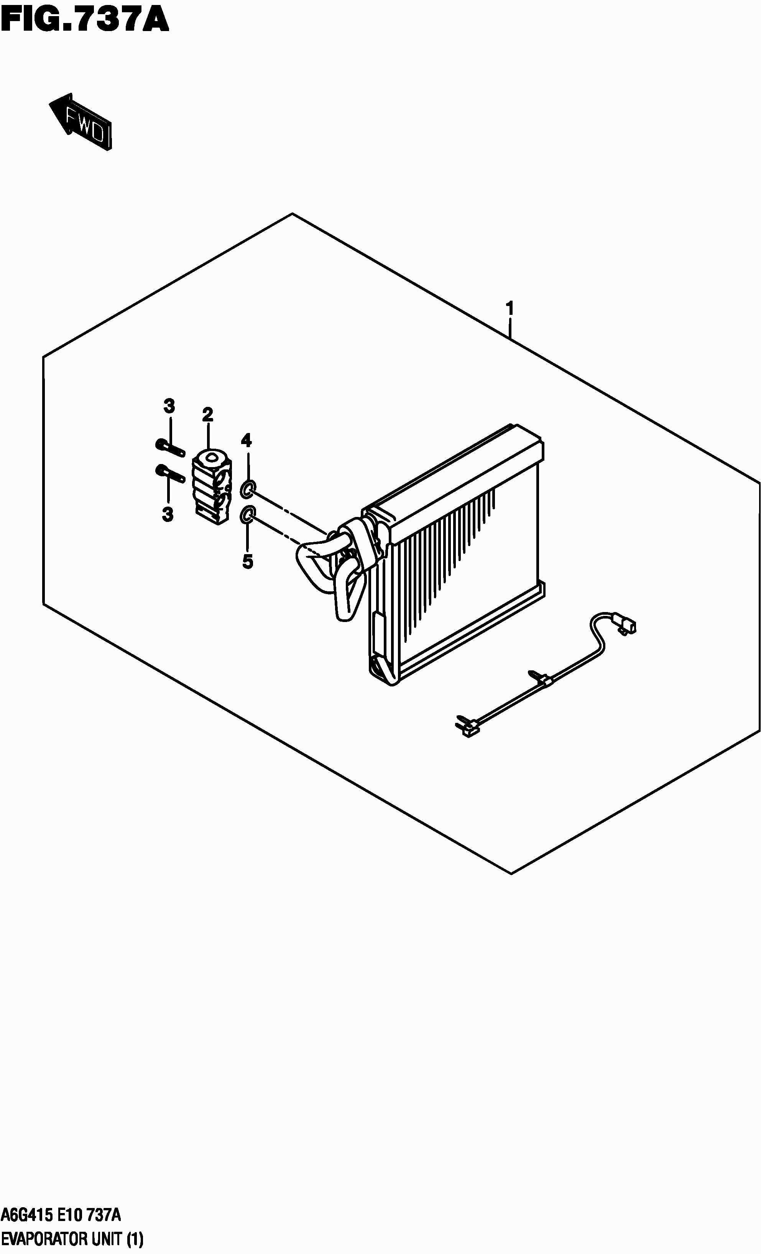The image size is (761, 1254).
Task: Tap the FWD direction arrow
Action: (x=81, y=122)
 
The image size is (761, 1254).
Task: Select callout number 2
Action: (x=207, y=415)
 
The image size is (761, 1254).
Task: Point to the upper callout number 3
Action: (x=169, y=406)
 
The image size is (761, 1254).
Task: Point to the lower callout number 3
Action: (x=168, y=515)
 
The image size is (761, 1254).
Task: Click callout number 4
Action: (x=246, y=440)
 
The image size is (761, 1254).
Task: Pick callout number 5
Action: (x=247, y=561)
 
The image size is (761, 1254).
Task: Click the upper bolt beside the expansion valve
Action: (x=169, y=447)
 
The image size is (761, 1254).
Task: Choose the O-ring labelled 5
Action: (x=246, y=515)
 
